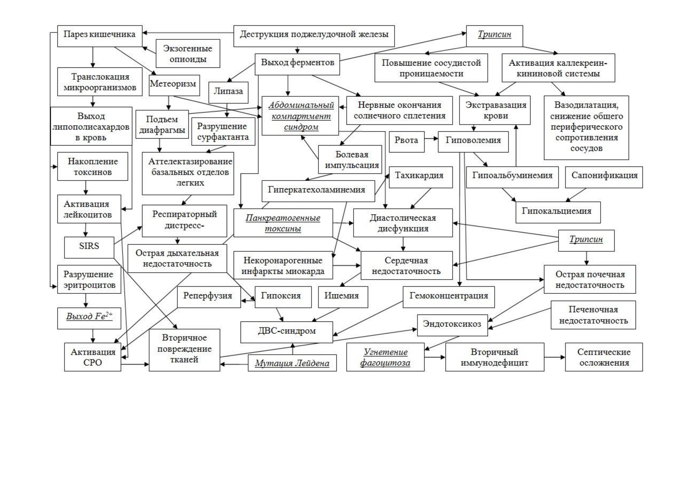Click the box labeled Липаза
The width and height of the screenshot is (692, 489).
(x=228, y=93)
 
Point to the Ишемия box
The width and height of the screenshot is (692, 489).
(x=343, y=297)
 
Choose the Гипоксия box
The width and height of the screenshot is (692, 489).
(x=283, y=297)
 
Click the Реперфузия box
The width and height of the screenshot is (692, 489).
(x=209, y=297)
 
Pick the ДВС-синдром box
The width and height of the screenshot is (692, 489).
(x=287, y=332)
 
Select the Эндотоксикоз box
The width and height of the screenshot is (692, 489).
(x=452, y=325)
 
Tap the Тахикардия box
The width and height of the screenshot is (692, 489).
(x=421, y=177)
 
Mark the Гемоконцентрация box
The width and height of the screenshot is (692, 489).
(x=449, y=297)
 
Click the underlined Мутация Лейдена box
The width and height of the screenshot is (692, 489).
(x=292, y=363)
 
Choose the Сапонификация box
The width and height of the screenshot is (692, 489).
(x=604, y=177)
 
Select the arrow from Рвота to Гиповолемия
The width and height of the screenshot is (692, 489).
(x=431, y=139)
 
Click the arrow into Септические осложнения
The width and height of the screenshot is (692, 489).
(x=555, y=357)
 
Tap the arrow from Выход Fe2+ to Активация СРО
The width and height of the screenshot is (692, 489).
(x=93, y=336)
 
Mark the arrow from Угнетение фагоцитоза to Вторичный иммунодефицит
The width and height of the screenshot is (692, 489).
(x=435, y=357)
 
